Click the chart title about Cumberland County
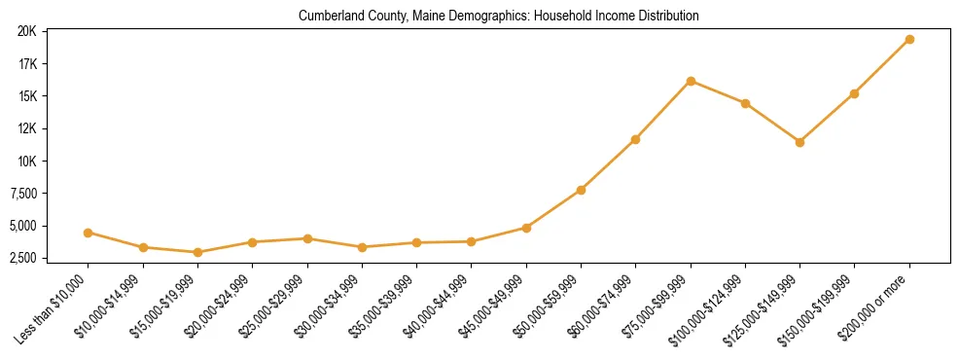coord(498,16)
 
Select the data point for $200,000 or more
coord(909,39)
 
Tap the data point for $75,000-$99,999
coord(691,81)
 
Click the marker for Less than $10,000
coord(89,233)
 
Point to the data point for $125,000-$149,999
coord(799,142)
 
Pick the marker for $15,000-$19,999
coord(197,252)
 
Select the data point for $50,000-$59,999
coord(581,190)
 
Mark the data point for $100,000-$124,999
coord(745,103)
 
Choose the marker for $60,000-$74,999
coord(635,139)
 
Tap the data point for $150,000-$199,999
coord(854,93)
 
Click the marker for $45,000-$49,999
coord(526,228)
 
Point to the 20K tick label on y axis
coord(26,31)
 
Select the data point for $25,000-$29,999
coord(307,238)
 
